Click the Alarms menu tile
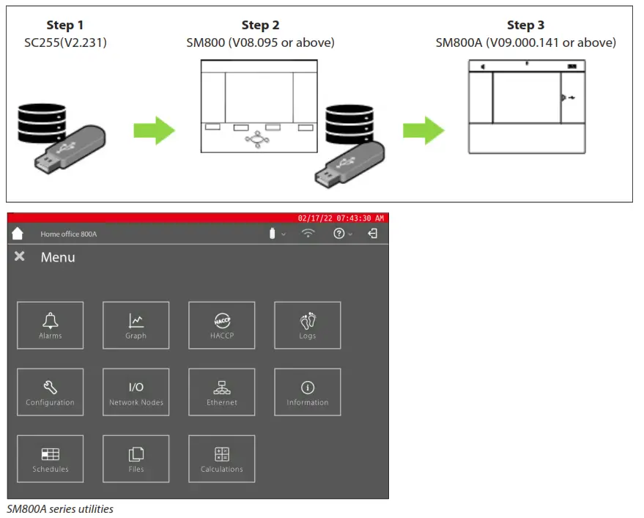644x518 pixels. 50,325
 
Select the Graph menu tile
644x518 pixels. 136,325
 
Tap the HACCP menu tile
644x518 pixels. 221,325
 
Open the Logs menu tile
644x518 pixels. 307,325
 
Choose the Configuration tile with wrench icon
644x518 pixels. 50,392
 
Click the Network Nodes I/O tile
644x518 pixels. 136,392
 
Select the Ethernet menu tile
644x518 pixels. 221,392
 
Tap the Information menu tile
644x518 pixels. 307,392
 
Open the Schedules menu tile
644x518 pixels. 50,459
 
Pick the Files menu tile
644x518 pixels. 136,459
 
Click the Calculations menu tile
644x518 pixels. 221,459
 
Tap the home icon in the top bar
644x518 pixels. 18,234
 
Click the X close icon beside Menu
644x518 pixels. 20,256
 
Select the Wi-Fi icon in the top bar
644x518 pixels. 308,234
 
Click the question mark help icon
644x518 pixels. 339,234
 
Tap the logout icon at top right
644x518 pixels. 373,234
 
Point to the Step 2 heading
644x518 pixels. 260,26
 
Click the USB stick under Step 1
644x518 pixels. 70,150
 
